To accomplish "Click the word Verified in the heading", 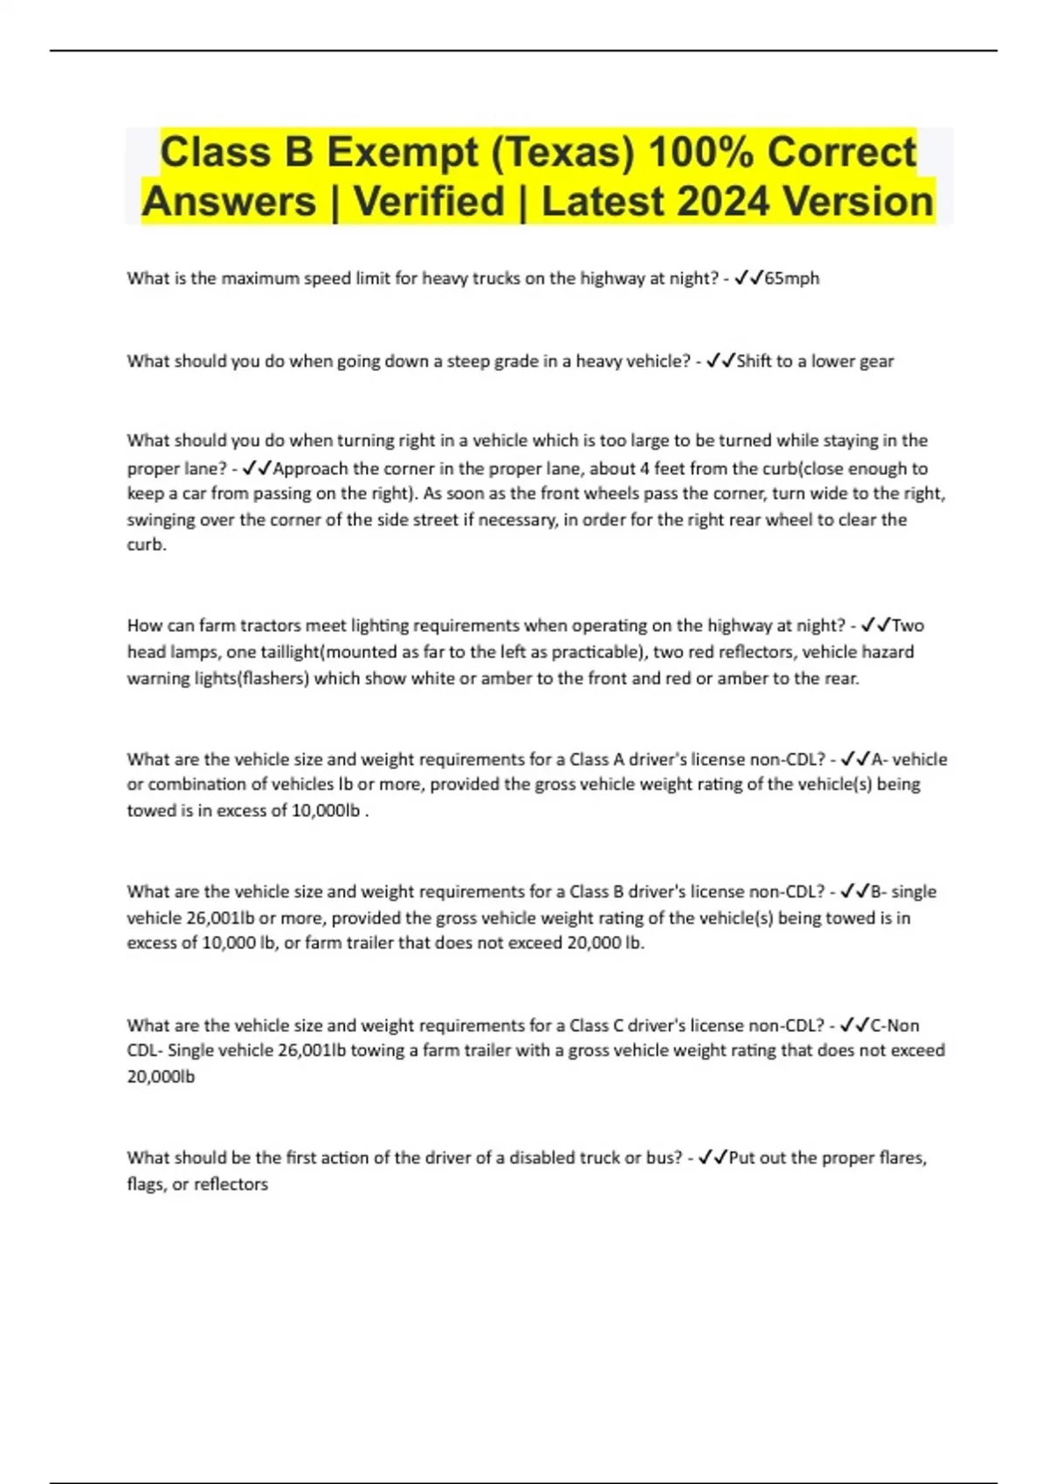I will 429,202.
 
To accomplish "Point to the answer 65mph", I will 791,278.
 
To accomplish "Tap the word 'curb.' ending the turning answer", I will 147,545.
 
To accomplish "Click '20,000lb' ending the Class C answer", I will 161,1077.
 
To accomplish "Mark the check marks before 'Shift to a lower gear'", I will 720,361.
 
